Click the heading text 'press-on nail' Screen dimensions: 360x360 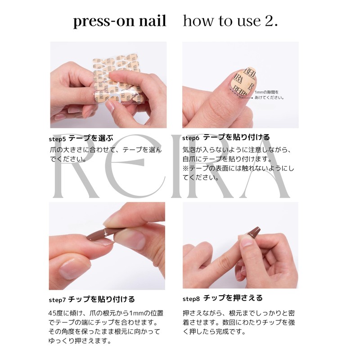pyautogui.click(x=120, y=21)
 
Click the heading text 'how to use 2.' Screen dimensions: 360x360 pyautogui.click(x=230, y=21)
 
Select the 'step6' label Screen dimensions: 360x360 pyautogui.click(x=191, y=138)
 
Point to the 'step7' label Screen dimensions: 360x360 pyautogui.click(x=57, y=300)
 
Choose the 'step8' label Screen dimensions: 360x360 pyautogui.click(x=191, y=299)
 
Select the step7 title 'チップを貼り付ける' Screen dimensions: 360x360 pyautogui.click(x=101, y=299)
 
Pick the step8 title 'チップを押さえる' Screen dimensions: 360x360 pyautogui.click(x=233, y=298)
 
